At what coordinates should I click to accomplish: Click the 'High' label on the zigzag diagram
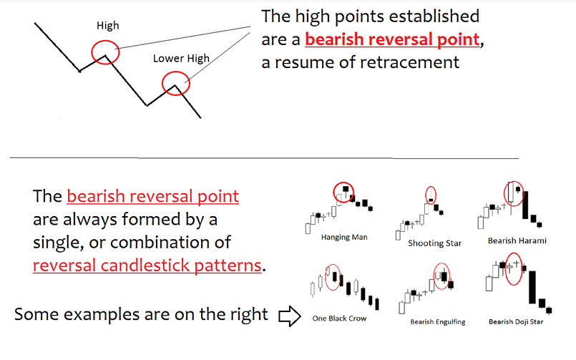point(107,25)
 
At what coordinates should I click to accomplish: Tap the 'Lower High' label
point(181,59)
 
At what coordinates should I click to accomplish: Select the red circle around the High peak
point(92,52)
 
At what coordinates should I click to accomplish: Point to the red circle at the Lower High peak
point(162,84)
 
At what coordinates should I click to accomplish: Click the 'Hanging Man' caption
point(344,238)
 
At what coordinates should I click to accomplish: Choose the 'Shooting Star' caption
point(434,243)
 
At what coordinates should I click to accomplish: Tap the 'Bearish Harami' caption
point(517,240)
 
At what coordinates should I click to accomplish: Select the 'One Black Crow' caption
point(339,318)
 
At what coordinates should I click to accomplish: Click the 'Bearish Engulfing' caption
point(437,322)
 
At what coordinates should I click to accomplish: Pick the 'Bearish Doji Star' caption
point(516,322)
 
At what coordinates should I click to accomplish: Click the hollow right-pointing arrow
point(290,316)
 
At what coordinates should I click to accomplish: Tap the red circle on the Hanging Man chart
point(334,192)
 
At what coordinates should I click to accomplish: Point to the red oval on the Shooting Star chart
point(426,195)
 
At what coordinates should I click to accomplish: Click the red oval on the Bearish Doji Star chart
point(506,269)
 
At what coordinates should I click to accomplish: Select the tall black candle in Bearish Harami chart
point(525,205)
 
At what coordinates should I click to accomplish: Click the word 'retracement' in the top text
point(409,62)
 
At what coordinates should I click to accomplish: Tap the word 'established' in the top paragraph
point(434,16)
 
